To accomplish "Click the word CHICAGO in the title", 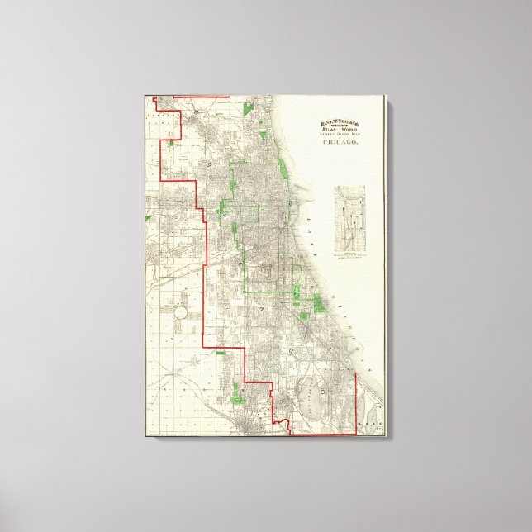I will click(x=335, y=145).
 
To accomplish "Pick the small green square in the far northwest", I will click(x=170, y=143).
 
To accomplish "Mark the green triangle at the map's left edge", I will click(x=149, y=219).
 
